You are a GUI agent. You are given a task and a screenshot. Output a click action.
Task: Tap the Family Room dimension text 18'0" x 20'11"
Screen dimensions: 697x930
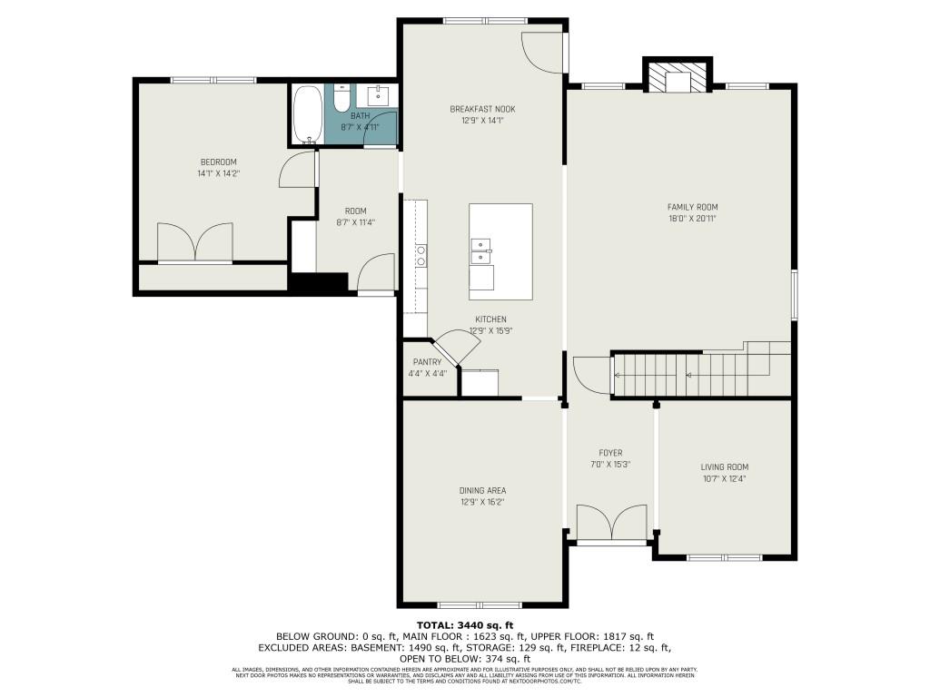tap(692, 218)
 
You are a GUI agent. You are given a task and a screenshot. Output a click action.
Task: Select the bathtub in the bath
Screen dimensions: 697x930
tap(308, 114)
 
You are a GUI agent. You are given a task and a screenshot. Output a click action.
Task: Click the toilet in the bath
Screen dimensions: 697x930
tap(341, 98)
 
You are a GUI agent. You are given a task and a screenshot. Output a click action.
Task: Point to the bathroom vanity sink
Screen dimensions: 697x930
tap(380, 95)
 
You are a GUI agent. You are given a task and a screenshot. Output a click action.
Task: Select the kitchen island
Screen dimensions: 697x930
tap(500, 251)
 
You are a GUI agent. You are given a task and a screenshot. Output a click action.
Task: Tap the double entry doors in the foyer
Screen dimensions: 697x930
tap(613, 525)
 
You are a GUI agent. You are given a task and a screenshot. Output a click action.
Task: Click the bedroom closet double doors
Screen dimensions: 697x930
tap(195, 243)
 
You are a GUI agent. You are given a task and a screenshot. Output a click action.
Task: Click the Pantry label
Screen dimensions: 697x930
tap(427, 362)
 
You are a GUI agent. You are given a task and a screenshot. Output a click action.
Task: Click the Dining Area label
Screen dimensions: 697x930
tap(482, 490)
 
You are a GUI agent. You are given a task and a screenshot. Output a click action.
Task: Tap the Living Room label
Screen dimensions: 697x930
tap(724, 467)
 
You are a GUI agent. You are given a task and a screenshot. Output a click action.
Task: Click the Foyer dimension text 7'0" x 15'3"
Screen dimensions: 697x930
tap(609, 464)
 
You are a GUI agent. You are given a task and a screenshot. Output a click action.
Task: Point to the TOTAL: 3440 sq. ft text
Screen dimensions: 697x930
tap(465, 625)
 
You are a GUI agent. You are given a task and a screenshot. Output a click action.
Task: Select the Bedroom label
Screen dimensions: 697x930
tap(218, 162)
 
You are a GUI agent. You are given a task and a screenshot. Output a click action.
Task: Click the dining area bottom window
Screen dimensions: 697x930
tap(480, 604)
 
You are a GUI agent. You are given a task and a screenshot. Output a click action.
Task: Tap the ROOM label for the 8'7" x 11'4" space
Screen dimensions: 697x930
tap(355, 211)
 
